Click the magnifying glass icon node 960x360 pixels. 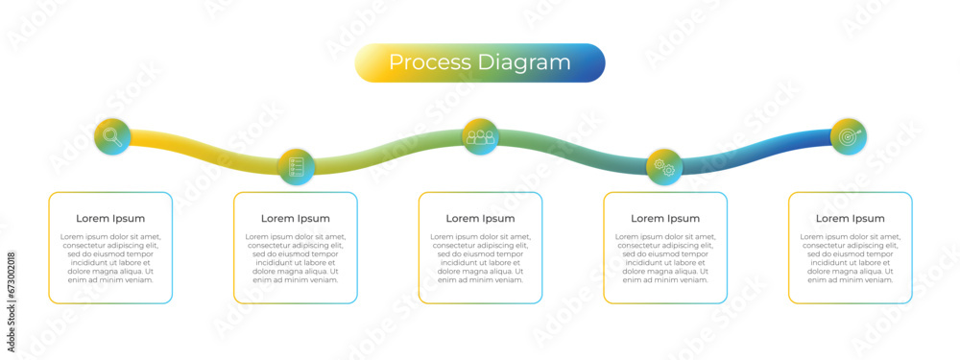point(112,136)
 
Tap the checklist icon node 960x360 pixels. point(296,166)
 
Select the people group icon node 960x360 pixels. point(480,136)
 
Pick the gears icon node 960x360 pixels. point(664,166)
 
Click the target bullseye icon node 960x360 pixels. point(849,136)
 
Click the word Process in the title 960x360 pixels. point(429,62)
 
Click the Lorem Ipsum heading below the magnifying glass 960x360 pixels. point(110,219)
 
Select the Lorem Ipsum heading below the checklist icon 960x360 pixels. point(296,219)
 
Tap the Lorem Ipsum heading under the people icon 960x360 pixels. point(480,219)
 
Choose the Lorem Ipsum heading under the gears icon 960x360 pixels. point(665,219)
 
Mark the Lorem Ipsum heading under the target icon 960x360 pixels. point(851,219)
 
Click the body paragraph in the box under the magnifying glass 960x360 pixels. point(110,258)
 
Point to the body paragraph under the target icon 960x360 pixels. point(851,258)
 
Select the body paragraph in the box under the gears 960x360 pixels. point(665,258)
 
